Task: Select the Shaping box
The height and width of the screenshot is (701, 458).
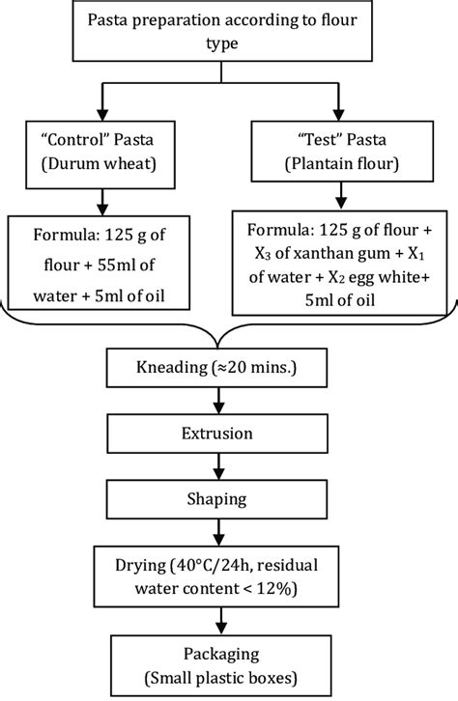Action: (228, 499)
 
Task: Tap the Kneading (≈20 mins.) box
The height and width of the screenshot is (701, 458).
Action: (228, 370)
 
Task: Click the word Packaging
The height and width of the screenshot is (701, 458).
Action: (228, 654)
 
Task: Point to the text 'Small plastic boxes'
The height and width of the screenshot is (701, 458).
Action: (229, 675)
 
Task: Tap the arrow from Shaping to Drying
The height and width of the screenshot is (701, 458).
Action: (228, 531)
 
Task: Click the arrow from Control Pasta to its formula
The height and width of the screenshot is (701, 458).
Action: (99, 201)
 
